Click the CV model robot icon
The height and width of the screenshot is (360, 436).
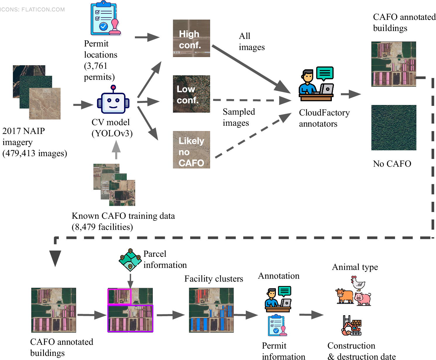[x=113, y=101]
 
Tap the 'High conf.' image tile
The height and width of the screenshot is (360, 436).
[x=191, y=38]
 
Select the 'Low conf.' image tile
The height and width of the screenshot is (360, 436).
[x=191, y=94]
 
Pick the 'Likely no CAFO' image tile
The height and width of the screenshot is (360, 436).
[x=191, y=150]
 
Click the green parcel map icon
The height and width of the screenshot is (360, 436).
[x=130, y=260]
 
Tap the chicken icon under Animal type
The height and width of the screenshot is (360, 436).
[x=358, y=283]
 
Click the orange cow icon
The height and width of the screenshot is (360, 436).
[x=344, y=296]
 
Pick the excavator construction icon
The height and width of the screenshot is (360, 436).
[x=351, y=326]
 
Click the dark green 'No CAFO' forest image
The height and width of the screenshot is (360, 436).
[x=394, y=128]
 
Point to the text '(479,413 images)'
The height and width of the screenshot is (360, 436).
[x=35, y=153]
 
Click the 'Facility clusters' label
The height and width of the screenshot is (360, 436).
[x=214, y=279]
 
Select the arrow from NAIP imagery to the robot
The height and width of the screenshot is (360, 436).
[x=83, y=104]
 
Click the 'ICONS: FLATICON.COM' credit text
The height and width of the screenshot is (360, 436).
[x=32, y=10]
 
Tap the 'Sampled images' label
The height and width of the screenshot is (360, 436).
[x=238, y=117]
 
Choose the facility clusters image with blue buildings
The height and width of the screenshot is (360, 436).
[x=211, y=310]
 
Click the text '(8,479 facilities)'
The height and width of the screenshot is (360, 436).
[x=102, y=227]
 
